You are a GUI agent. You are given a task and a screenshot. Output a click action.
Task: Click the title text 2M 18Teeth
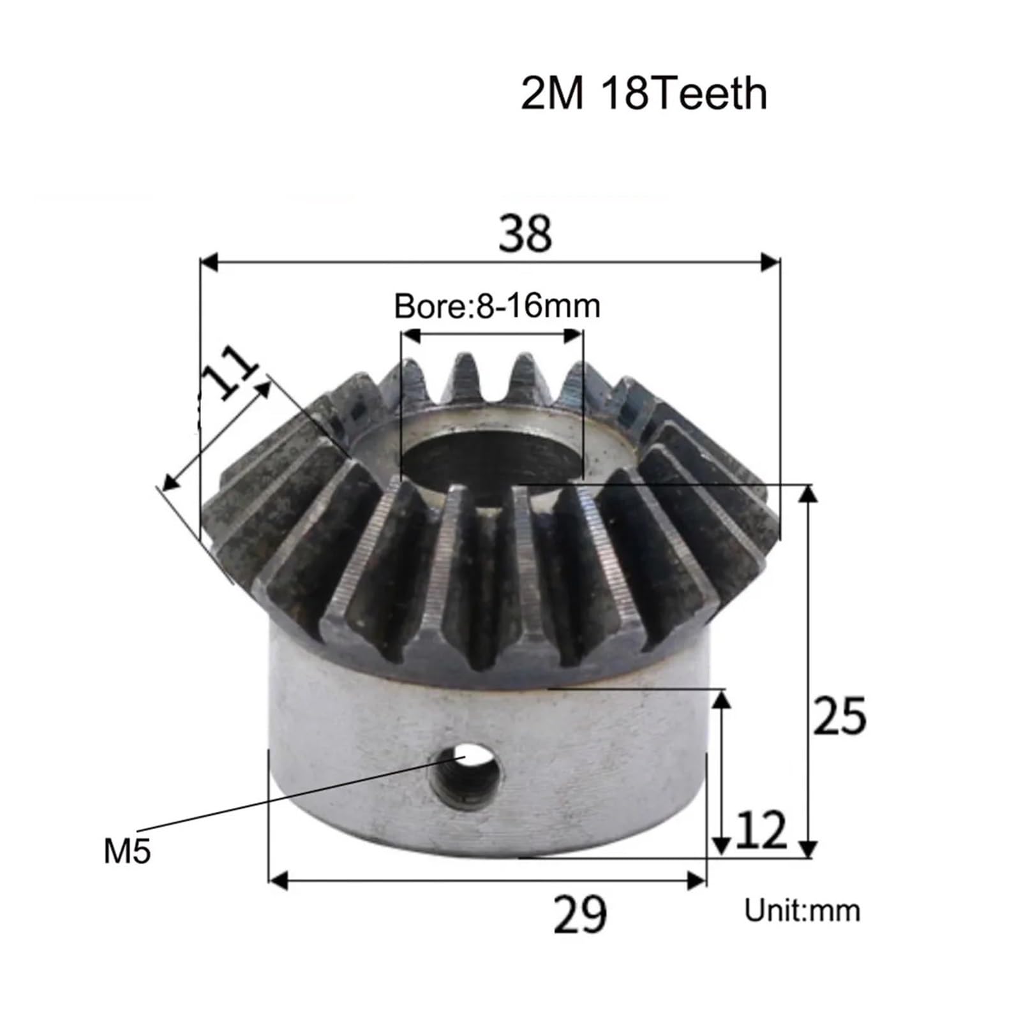[x=643, y=94]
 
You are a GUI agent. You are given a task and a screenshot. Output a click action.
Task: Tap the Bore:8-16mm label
[x=497, y=306]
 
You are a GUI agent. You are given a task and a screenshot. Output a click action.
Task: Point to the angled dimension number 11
[x=228, y=374]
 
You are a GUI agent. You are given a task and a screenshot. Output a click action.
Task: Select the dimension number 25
[x=839, y=716]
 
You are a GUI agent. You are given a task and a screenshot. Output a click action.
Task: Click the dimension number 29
[x=579, y=915]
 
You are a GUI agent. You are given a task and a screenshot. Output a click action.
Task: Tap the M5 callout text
[x=127, y=851]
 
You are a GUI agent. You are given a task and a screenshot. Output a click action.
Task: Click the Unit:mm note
[x=802, y=910]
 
